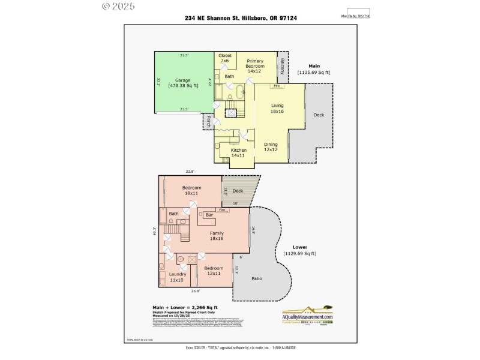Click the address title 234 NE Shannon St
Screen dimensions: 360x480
click(x=241, y=18)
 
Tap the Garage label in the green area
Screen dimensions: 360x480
click(x=182, y=83)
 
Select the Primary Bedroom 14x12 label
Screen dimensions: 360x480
click(x=255, y=65)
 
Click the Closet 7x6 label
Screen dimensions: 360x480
click(x=225, y=58)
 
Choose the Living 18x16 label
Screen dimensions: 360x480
click(x=277, y=109)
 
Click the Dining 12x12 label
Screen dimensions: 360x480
click(x=271, y=147)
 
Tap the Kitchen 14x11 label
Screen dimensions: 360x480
click(x=239, y=152)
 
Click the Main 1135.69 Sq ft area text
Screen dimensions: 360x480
click(x=314, y=68)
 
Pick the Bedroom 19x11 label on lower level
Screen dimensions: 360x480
click(x=191, y=190)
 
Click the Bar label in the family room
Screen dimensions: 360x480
click(x=209, y=215)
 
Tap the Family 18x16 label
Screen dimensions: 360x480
click(x=217, y=235)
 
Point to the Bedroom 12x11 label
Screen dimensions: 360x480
click(x=214, y=271)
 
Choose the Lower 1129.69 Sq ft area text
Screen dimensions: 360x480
click(x=299, y=250)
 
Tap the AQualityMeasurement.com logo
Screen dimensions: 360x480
click(x=308, y=315)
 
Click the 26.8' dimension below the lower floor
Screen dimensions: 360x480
click(x=196, y=292)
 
